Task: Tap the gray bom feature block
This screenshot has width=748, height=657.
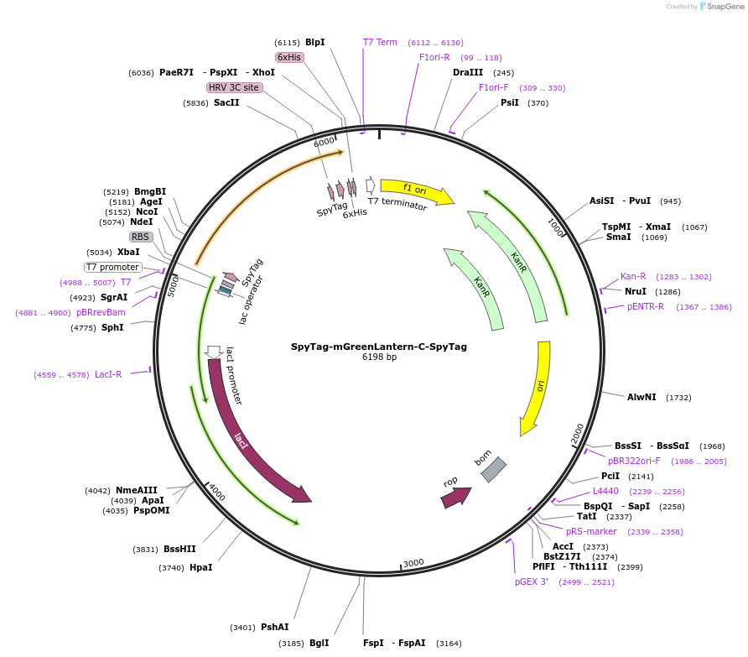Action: coord(493,469)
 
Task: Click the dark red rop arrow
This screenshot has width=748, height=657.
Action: coord(455,498)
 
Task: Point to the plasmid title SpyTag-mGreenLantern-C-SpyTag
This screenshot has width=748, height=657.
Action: coord(379,347)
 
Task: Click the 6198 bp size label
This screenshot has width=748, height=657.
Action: coord(379,357)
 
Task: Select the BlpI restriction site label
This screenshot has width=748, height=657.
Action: coord(314,43)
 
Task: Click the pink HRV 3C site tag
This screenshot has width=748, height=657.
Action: coord(234,87)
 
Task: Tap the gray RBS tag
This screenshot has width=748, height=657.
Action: coord(140,237)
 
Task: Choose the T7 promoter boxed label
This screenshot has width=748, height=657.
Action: coord(112,267)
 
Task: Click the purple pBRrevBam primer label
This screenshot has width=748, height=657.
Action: coord(101,312)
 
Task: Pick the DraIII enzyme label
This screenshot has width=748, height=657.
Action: coord(468,72)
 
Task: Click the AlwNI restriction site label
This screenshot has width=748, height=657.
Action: coord(642,397)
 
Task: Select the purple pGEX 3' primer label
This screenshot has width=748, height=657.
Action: coord(531,582)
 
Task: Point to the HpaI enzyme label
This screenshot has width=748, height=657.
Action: coord(200,568)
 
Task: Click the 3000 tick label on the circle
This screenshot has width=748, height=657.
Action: coord(413,563)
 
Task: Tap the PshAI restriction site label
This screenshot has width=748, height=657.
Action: coord(275,628)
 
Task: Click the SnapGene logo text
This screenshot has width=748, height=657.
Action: coord(725,7)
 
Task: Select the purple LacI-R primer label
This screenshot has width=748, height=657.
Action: coord(108,375)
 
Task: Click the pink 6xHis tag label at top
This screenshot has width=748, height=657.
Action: coord(289,57)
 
